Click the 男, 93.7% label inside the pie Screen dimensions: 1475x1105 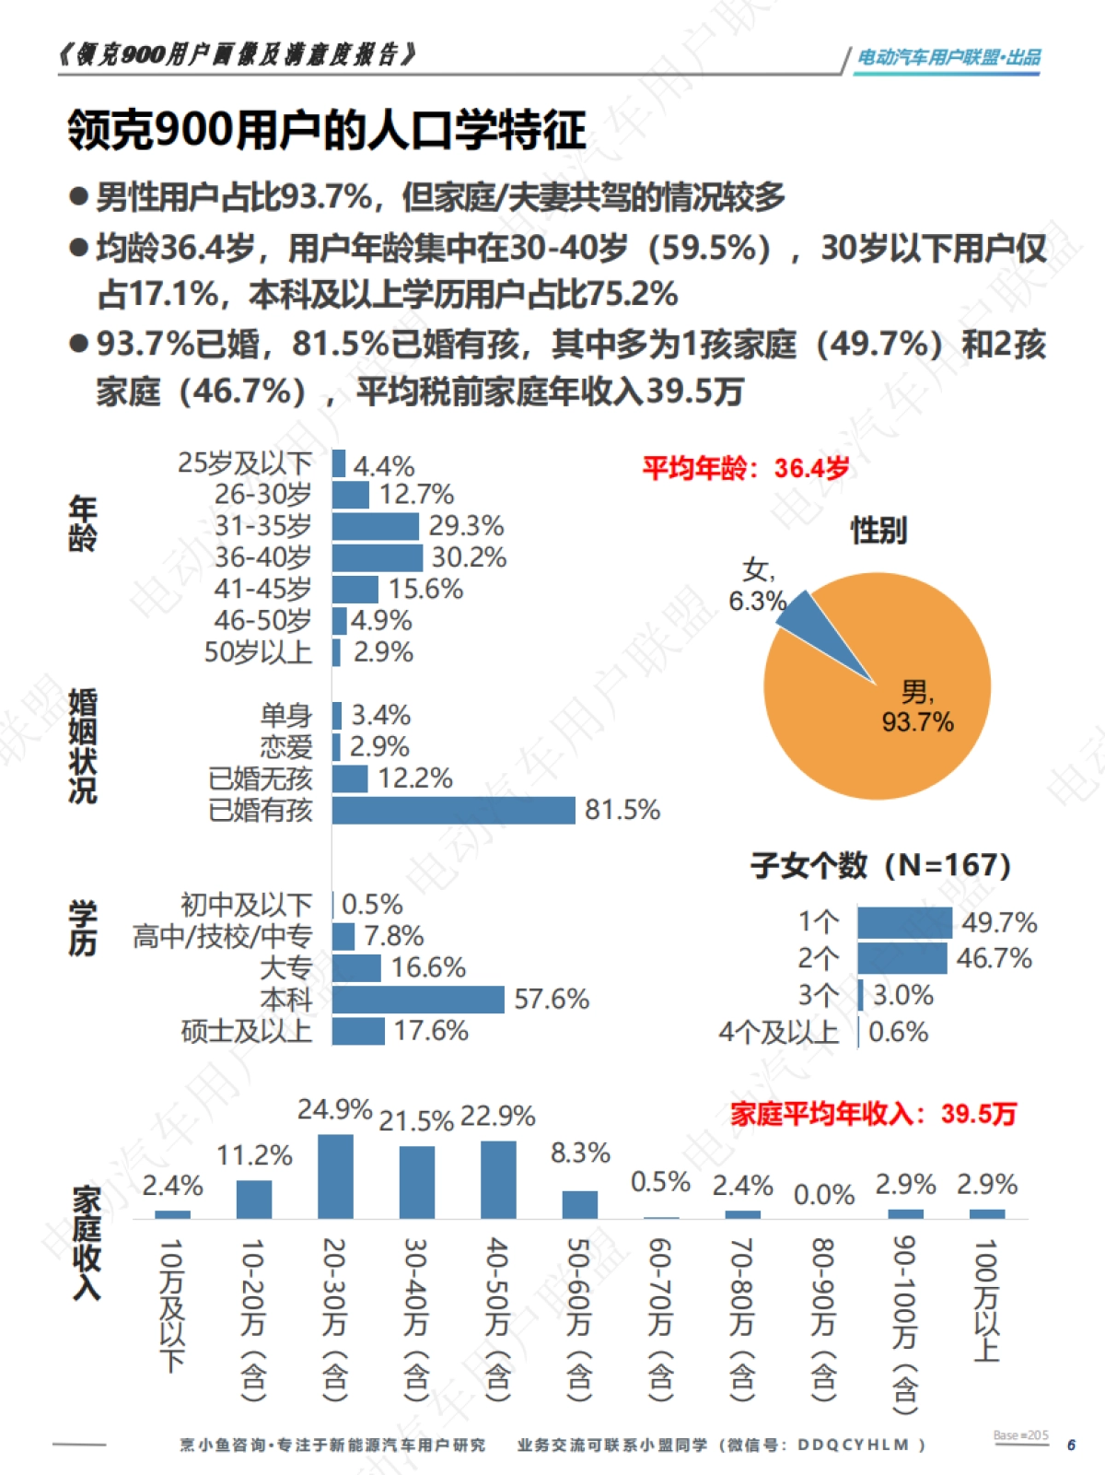917,707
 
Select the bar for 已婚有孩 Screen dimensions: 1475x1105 453,811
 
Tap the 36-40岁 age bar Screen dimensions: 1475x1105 377,557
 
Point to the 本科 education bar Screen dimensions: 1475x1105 418,1000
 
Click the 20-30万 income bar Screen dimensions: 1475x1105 335,1176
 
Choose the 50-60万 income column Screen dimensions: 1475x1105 579,1204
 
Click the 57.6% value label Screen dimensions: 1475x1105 551,1000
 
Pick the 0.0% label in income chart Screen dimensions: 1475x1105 823,1195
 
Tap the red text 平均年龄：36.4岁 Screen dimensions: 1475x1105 746,468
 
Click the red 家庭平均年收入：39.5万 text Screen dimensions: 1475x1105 873,1114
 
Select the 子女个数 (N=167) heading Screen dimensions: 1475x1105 880,865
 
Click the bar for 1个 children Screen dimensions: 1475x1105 904,922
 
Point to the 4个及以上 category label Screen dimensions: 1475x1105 778,1033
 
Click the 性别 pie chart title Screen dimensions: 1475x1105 878,531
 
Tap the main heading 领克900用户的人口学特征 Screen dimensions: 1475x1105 326,130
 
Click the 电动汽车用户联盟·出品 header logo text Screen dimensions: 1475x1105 948,57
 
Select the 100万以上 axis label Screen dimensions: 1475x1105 985,1299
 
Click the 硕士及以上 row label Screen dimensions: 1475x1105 246,1031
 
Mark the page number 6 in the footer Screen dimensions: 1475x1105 1071,1445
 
